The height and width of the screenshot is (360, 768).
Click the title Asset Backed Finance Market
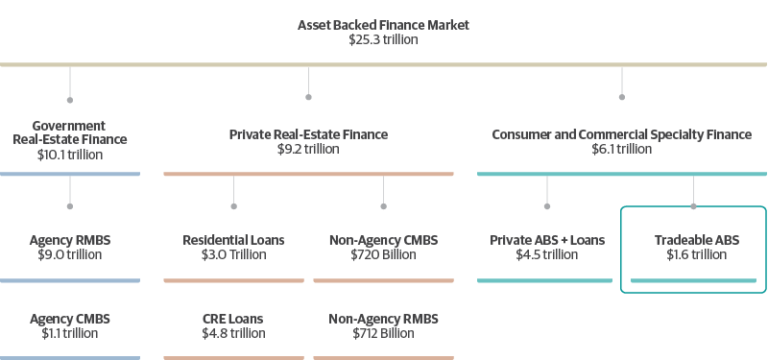tap(384, 25)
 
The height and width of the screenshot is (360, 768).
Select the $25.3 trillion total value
tap(384, 40)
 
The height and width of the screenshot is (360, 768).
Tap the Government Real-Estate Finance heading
tap(69, 132)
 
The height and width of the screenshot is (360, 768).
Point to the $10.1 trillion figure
tap(69, 154)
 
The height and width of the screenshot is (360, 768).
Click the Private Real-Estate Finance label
tap(308, 134)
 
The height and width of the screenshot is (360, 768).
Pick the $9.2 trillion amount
tap(308, 150)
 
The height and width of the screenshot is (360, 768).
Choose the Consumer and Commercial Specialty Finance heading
tap(621, 134)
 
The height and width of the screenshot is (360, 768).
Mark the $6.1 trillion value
tap(621, 150)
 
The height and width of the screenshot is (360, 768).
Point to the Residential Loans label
tap(233, 239)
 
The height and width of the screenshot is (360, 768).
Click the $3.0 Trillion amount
tap(233, 254)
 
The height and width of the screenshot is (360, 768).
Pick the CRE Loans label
tap(233, 318)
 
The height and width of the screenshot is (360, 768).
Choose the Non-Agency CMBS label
tap(383, 239)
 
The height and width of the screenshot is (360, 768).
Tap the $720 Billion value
tap(383, 254)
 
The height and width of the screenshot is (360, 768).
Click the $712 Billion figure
tap(383, 333)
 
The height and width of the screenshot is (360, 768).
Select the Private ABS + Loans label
tap(547, 239)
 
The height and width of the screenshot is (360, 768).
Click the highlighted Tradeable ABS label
tap(696, 239)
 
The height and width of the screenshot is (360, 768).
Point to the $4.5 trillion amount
tap(547, 254)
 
